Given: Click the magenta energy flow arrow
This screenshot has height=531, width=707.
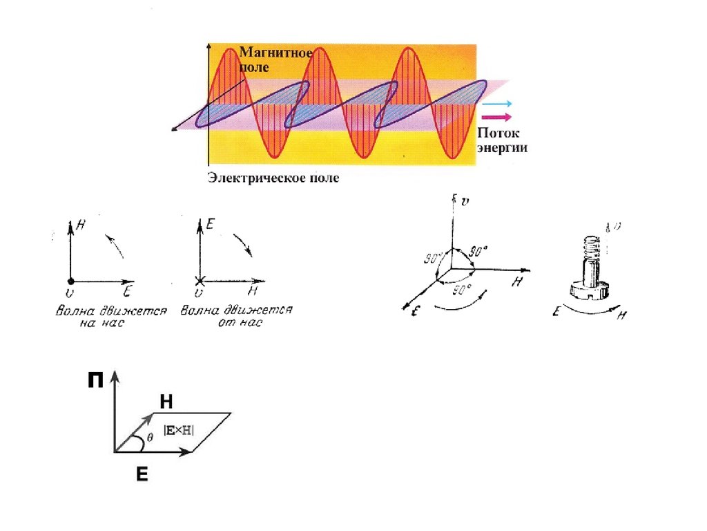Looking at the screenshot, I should (496, 117).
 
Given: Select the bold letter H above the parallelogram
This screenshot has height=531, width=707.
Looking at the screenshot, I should (166, 402).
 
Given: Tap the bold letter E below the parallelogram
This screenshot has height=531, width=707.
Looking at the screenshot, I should (142, 474).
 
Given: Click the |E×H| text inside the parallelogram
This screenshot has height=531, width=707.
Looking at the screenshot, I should (179, 430).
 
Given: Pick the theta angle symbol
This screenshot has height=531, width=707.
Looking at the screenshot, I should (150, 438).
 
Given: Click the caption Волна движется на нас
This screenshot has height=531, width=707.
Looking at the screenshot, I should (110, 317).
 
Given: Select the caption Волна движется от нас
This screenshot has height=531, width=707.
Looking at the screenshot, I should (236, 317).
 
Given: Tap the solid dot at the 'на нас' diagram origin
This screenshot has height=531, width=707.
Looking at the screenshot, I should (70, 281).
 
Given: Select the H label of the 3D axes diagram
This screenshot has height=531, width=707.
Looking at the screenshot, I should (516, 282).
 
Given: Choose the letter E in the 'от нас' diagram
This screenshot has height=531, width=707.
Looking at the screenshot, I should (211, 223).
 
